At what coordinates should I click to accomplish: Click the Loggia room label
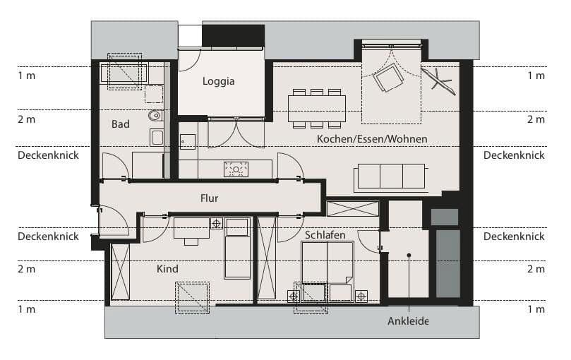(x=218, y=81)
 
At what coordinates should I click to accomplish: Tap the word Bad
(x=121, y=124)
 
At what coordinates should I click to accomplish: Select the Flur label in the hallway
(x=209, y=198)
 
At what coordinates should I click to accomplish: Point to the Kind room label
(x=168, y=269)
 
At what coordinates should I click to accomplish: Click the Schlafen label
(x=325, y=235)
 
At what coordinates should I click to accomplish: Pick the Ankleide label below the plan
(x=408, y=321)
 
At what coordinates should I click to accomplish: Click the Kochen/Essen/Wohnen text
(x=372, y=138)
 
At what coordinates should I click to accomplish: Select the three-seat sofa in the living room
(x=391, y=176)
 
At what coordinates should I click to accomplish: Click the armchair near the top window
(x=387, y=77)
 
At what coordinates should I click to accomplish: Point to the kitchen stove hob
(x=236, y=169)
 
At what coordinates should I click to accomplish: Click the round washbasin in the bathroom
(x=155, y=116)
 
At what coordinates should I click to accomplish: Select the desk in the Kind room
(x=191, y=228)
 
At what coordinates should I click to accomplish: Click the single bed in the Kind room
(x=237, y=248)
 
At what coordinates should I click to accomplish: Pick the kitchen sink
(x=187, y=141)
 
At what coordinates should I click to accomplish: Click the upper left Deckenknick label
(x=48, y=155)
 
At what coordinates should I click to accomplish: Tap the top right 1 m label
(x=536, y=76)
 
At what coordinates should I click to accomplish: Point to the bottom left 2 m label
(x=26, y=269)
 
